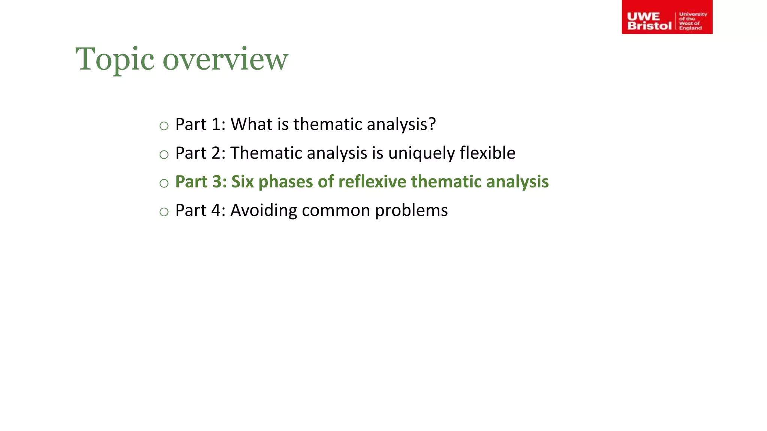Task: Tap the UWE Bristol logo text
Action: click(649, 21)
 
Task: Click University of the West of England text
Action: click(692, 21)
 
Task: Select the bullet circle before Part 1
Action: click(164, 126)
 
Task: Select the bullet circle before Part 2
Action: click(164, 155)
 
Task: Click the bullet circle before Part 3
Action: click(164, 183)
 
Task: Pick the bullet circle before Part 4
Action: click(164, 212)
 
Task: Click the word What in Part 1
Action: click(251, 124)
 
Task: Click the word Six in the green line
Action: click(242, 181)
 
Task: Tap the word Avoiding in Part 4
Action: click(263, 211)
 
